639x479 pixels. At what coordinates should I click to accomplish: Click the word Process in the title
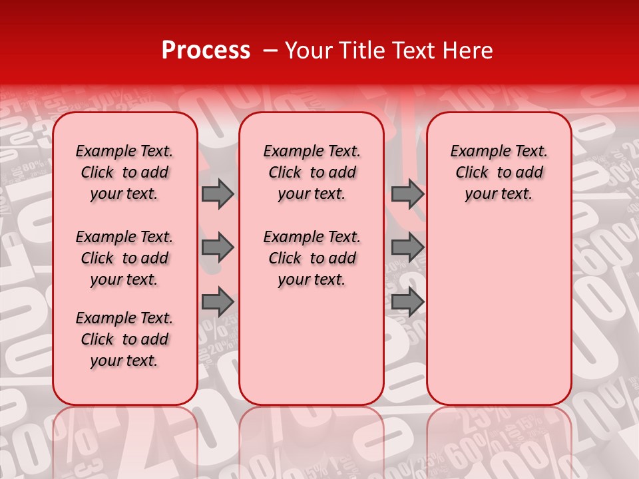[206, 51]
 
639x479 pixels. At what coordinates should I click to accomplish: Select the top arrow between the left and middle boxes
[218, 194]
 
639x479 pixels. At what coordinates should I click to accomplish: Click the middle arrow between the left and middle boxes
[218, 247]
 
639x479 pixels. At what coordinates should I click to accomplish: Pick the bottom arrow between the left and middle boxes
[218, 301]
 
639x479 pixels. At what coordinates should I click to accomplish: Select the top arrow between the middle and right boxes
[407, 194]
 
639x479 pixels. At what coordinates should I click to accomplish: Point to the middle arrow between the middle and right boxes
[407, 247]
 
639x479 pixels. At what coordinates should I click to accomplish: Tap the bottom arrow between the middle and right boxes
[407, 301]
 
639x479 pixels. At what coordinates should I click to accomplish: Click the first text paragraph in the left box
[124, 172]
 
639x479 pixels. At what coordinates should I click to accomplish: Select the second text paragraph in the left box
[124, 258]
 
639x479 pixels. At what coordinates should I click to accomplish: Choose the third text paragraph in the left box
[124, 339]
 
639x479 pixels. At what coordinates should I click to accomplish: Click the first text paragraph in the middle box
[312, 172]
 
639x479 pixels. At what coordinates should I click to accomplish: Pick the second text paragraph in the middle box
[312, 258]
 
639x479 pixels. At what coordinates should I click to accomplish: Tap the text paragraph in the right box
[499, 172]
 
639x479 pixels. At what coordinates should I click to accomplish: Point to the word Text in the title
[412, 51]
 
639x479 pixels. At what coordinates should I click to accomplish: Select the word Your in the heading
[310, 51]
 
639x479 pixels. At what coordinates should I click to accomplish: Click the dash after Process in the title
[270, 51]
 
